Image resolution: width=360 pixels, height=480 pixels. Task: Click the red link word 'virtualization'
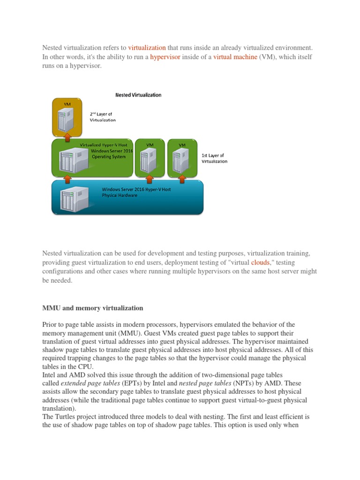point(147,47)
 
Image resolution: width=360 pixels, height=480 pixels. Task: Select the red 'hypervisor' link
point(165,57)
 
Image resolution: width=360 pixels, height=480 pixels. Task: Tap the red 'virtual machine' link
point(235,57)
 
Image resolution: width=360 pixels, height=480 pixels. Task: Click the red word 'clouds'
point(260,262)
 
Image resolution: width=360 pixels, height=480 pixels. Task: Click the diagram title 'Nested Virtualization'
point(138,95)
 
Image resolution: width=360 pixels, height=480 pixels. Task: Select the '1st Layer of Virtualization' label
point(214,158)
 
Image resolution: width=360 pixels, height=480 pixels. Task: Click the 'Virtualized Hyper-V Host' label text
point(104,145)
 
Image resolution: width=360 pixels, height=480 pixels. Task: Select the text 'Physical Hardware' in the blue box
point(120,195)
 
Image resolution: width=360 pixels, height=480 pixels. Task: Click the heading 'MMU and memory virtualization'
point(93,308)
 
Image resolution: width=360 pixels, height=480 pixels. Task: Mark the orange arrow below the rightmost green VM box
point(181,179)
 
